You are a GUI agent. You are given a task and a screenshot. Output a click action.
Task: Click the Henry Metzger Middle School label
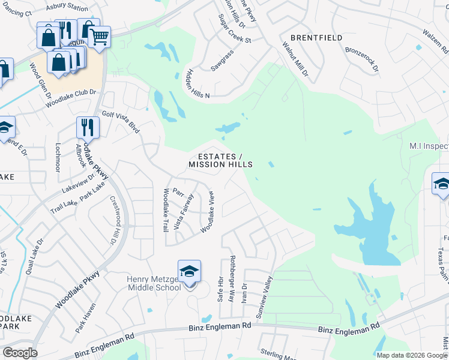[154, 283]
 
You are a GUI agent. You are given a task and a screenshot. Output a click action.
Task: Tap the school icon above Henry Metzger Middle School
[189, 272]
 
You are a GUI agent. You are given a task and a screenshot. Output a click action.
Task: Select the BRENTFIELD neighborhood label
[316, 38]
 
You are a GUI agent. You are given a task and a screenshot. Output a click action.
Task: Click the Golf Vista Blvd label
[121, 121]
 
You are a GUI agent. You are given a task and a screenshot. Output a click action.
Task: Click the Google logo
[20, 353]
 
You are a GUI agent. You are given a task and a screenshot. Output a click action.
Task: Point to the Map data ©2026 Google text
[411, 355]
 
